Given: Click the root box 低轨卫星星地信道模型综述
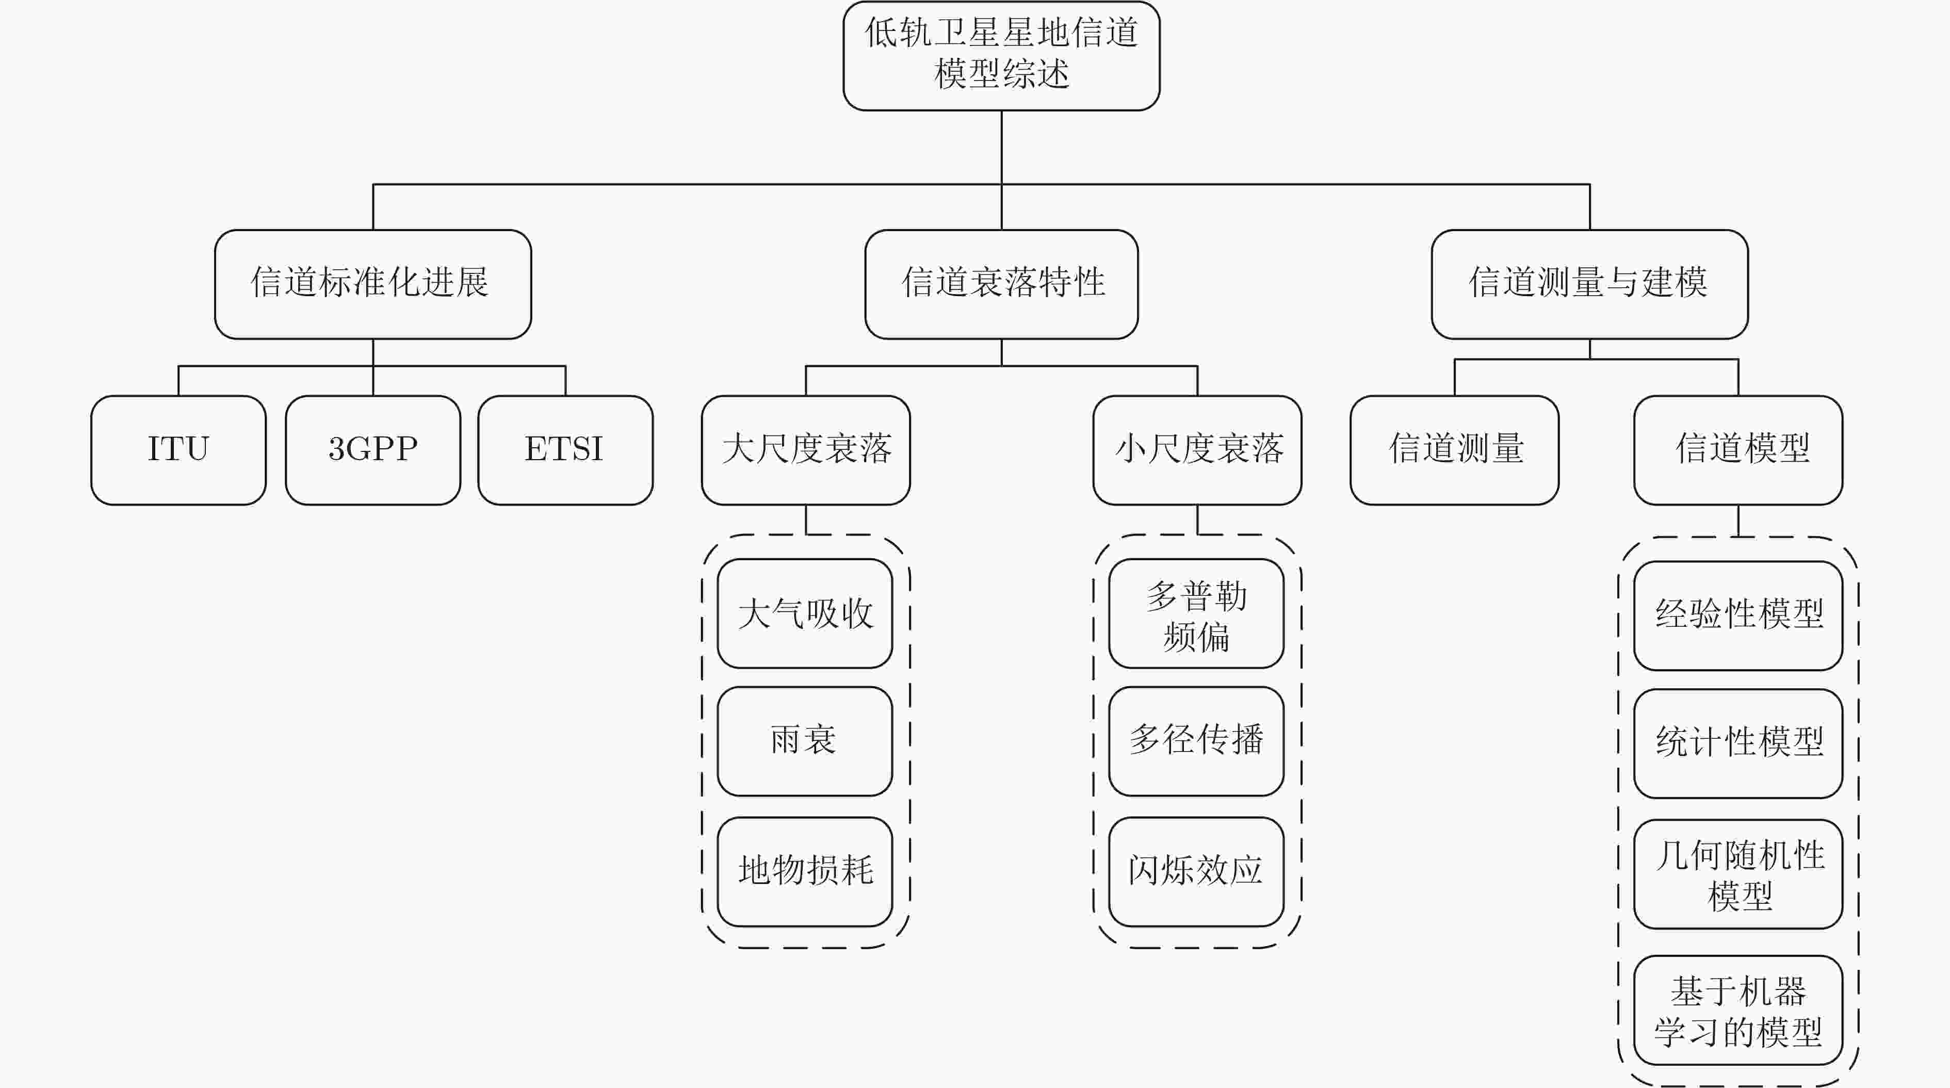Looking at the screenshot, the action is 1001,55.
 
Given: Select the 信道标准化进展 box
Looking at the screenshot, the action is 373,284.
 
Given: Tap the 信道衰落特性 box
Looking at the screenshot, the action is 1001,284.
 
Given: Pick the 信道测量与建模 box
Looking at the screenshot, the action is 1590,284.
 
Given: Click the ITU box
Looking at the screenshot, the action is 178,450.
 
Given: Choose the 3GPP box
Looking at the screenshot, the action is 373,450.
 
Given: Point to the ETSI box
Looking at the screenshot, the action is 565,450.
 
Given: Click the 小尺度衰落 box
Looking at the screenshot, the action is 1197,450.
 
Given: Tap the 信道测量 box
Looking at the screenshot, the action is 1455,450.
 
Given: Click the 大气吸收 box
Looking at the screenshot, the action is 805,613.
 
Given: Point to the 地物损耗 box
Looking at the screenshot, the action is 805,871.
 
